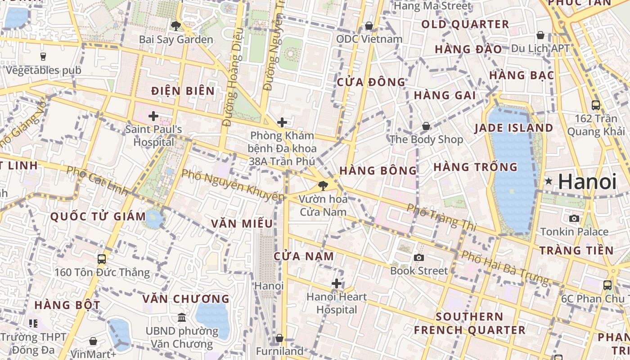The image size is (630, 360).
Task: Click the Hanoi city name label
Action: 587,182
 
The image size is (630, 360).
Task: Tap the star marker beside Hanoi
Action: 549,181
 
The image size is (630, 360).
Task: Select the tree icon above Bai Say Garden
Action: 175,26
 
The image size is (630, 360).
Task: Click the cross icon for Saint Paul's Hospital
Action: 153,116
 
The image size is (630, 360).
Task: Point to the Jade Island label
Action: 514,128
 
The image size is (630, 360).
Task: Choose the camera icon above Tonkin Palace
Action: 574,218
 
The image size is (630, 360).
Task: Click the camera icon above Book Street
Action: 419,257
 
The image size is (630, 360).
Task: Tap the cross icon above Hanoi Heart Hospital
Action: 337,283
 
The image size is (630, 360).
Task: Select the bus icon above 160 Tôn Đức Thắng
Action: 102,259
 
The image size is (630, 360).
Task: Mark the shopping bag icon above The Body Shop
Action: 426,126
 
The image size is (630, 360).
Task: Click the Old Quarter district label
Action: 465,24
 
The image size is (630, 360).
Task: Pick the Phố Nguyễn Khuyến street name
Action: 233,184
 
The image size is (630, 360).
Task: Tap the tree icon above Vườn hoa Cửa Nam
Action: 323,185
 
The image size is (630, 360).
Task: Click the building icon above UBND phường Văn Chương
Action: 182,318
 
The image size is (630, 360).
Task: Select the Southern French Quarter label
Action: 469,323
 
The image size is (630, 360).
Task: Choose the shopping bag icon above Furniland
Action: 279,338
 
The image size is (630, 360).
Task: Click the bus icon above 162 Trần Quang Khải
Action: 596,105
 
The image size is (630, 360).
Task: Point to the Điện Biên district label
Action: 183,91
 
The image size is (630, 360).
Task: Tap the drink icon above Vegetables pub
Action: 43,56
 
